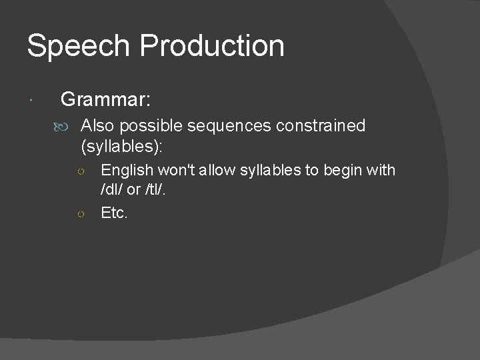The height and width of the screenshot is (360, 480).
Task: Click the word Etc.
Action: tap(113, 213)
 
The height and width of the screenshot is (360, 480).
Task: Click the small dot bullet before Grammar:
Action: tap(33, 101)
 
